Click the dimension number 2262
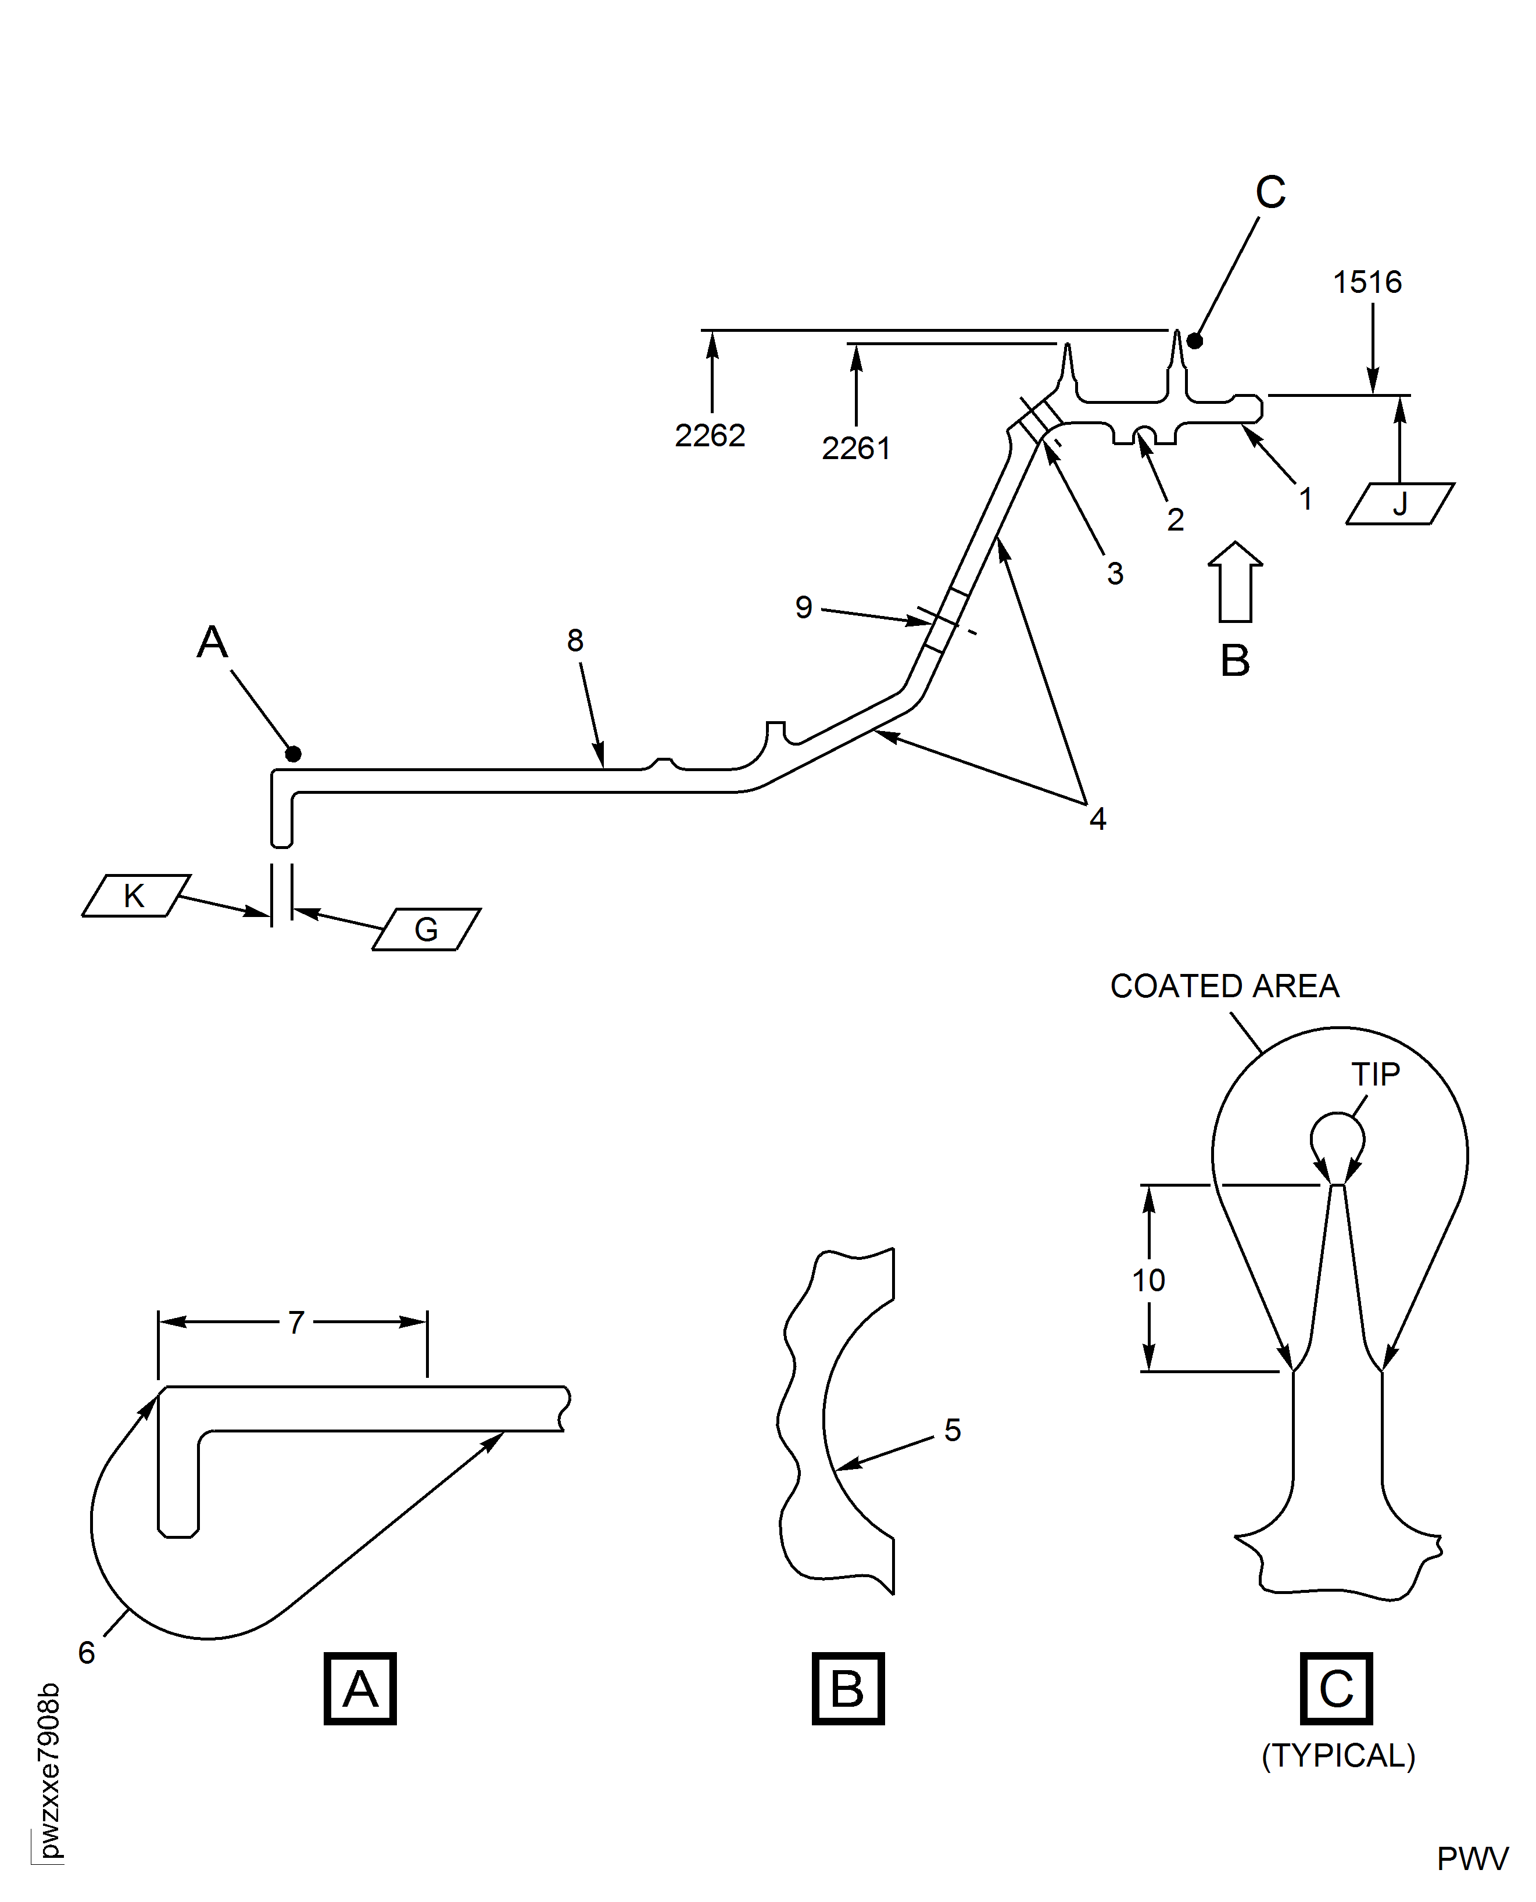click(710, 435)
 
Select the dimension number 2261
click(855, 449)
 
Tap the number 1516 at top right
click(1367, 282)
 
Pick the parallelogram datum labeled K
click(135, 896)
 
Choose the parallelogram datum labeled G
click(427, 929)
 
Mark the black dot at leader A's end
click(293, 754)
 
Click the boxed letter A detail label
click(360, 1689)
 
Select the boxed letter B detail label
click(848, 1689)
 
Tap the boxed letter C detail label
click(1336, 1689)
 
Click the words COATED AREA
click(1224, 986)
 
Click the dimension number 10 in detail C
click(1148, 1280)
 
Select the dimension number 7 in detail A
click(296, 1323)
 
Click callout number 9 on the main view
click(803, 607)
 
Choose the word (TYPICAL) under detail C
click(1338, 1756)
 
